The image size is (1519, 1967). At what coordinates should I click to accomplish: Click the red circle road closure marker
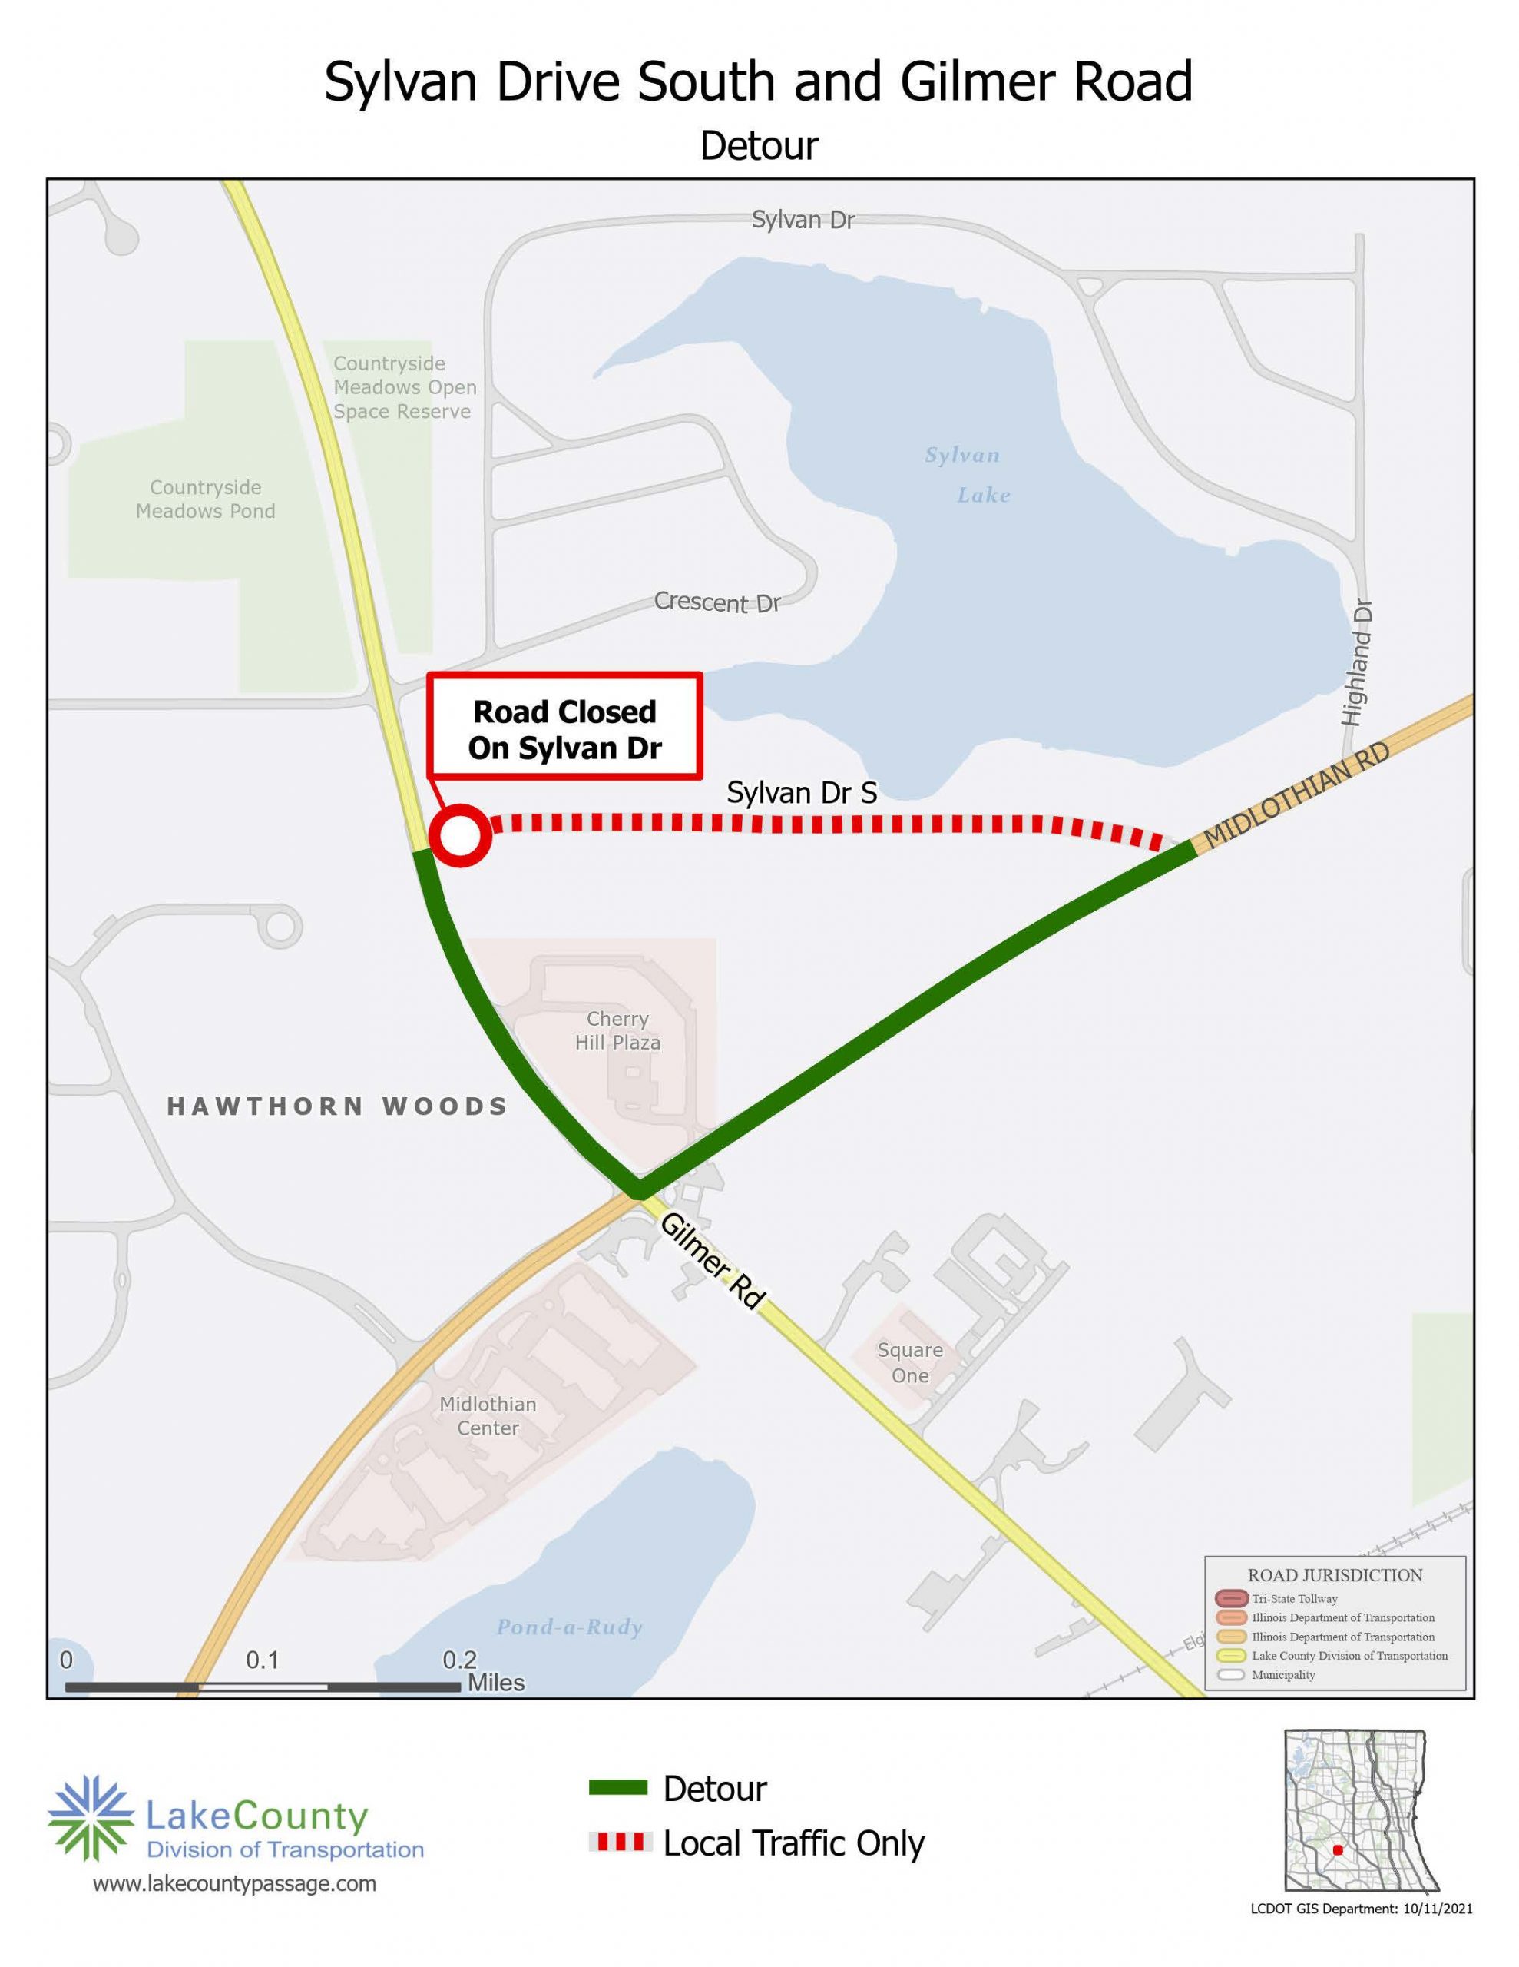click(460, 836)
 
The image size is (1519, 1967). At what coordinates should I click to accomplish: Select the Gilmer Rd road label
click(712, 1260)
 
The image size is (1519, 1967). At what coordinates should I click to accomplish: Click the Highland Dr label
click(1356, 663)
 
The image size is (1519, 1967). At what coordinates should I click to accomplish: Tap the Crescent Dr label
click(716, 602)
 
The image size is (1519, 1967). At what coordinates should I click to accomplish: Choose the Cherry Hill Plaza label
click(617, 1030)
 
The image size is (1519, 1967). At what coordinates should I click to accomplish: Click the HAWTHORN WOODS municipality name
click(338, 1106)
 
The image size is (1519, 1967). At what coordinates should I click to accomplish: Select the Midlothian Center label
click(487, 1416)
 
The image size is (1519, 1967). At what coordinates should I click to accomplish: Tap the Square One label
click(909, 1362)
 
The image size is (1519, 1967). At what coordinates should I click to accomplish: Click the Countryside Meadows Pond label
click(205, 499)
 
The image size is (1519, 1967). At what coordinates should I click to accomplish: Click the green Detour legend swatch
click(617, 1788)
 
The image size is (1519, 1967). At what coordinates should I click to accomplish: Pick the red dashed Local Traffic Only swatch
click(617, 1842)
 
